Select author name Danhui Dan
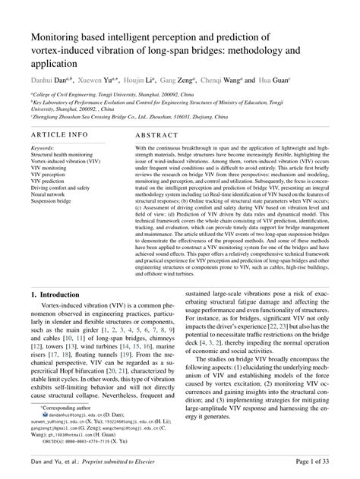point(51,80)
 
